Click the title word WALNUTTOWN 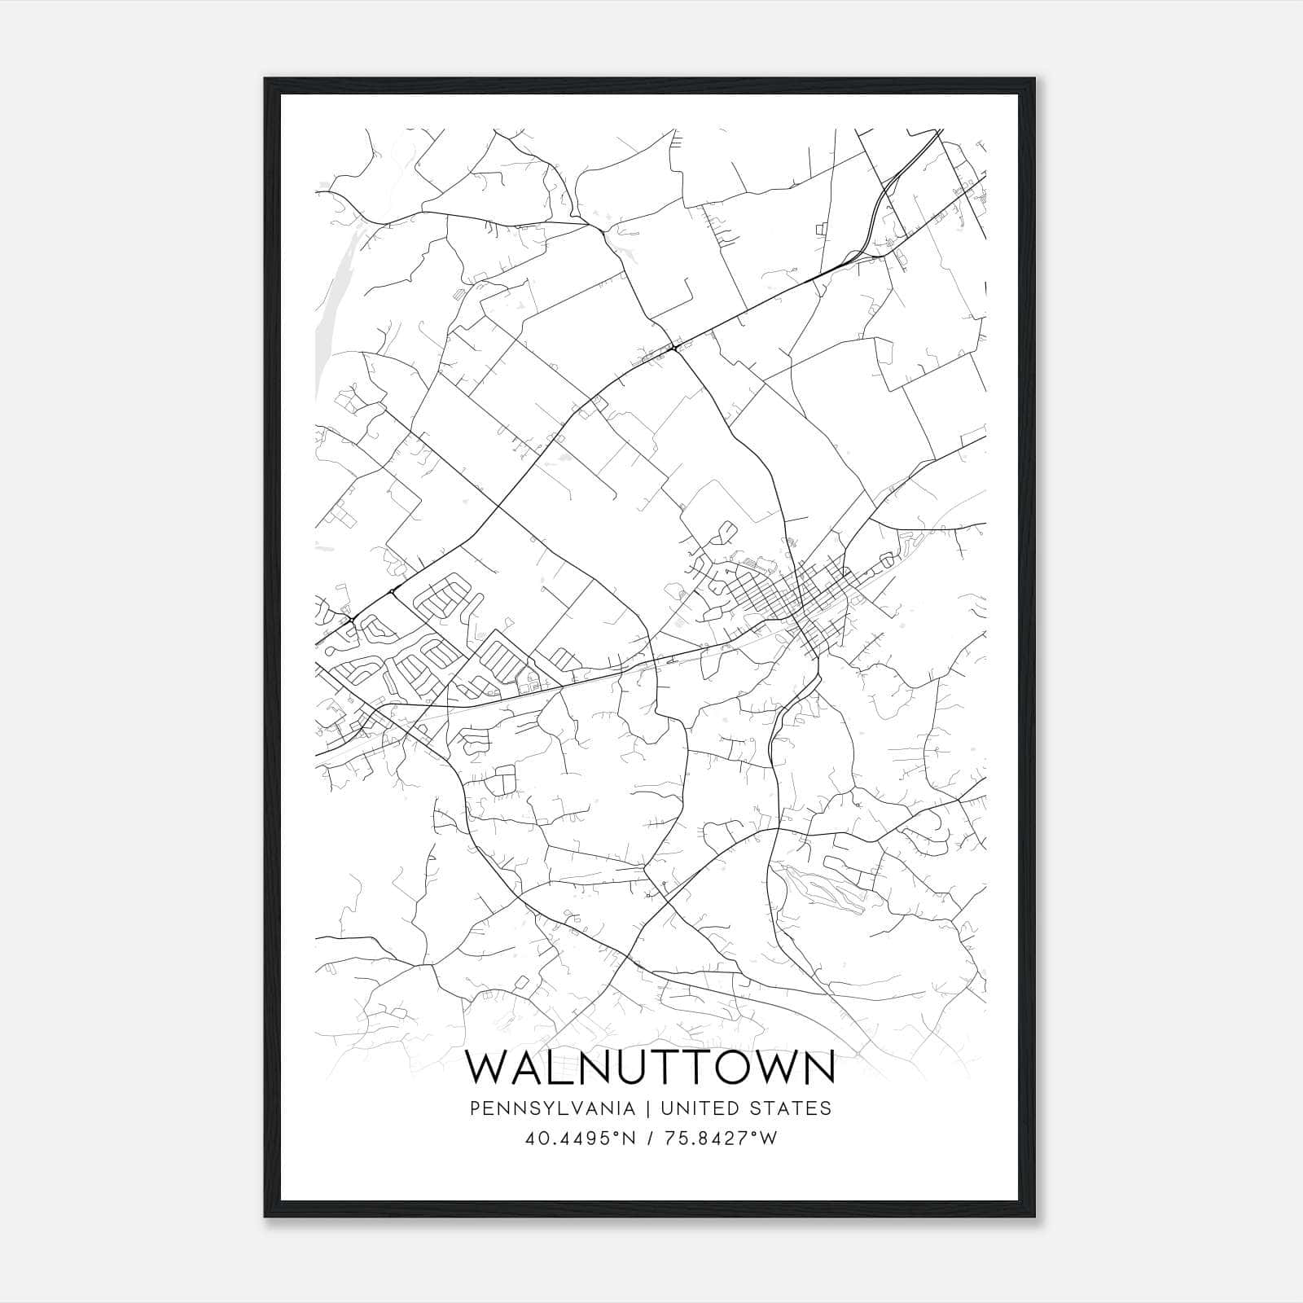pyautogui.click(x=650, y=1068)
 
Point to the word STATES pyautogui.click(x=792, y=1108)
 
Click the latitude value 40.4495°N pyautogui.click(x=579, y=1138)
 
